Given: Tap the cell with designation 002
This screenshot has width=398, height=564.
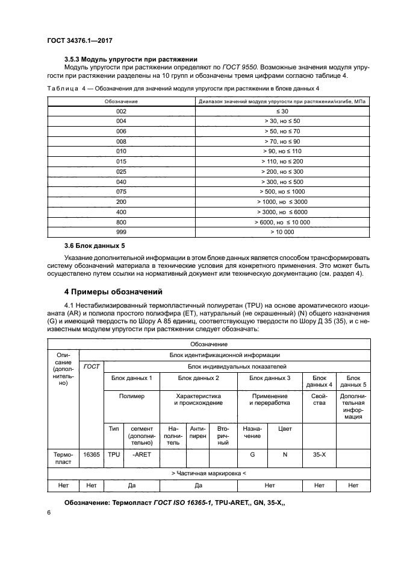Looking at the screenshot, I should [x=121, y=112].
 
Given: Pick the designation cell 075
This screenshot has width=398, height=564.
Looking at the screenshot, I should [x=121, y=191].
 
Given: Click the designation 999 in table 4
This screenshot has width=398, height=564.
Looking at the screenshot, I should [x=121, y=231].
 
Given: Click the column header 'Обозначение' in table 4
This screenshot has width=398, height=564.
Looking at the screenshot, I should [x=121, y=101].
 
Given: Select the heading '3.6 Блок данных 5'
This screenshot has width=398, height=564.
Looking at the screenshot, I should [x=100, y=246].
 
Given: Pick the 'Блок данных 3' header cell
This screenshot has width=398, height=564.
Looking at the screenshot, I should [x=270, y=378].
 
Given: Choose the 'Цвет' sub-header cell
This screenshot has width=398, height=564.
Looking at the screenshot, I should [x=284, y=428].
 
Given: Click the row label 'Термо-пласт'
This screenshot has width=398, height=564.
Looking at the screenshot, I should [x=62, y=457].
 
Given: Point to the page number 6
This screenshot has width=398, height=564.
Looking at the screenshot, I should [x=49, y=512].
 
